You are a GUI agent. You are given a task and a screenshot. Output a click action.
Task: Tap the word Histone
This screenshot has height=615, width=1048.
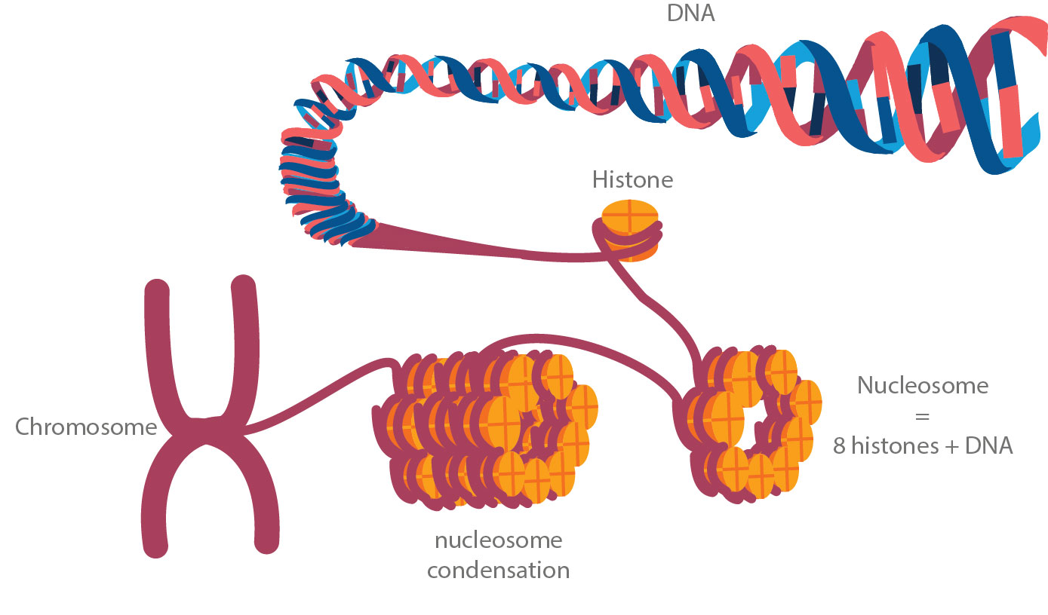pos(632,180)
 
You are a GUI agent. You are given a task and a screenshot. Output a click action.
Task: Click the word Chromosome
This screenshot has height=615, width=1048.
pos(86,427)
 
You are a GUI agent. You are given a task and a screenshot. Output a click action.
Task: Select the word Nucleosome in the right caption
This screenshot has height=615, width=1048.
pos(923,386)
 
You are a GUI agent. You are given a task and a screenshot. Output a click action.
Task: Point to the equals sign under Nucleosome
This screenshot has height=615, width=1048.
pos(922,416)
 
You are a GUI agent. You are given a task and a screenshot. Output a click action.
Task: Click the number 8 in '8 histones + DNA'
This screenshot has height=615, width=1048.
pos(839,445)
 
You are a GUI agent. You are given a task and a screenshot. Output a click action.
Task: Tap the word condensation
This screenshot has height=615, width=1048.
pos(498,570)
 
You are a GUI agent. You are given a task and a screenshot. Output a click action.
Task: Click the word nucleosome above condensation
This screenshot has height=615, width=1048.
pos(498,540)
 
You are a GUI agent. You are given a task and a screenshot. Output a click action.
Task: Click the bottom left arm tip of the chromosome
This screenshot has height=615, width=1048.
pos(155,546)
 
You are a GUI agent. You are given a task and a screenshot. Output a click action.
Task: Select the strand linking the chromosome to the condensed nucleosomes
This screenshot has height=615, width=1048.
pos(317,396)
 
